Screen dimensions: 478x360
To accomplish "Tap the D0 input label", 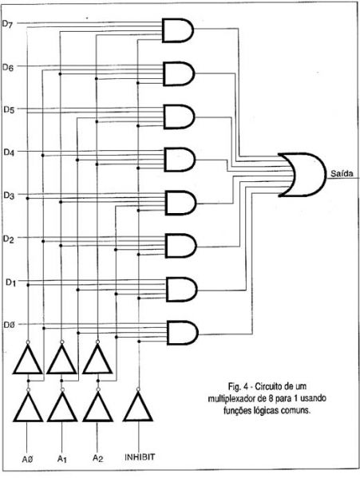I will click(9, 325).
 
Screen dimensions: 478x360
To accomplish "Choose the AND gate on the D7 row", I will click(178, 30).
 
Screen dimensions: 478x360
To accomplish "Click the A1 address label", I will click(61, 459).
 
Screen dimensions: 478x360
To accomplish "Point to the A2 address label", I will click(97, 459).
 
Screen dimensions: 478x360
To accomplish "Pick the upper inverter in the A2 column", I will click(97, 358).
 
